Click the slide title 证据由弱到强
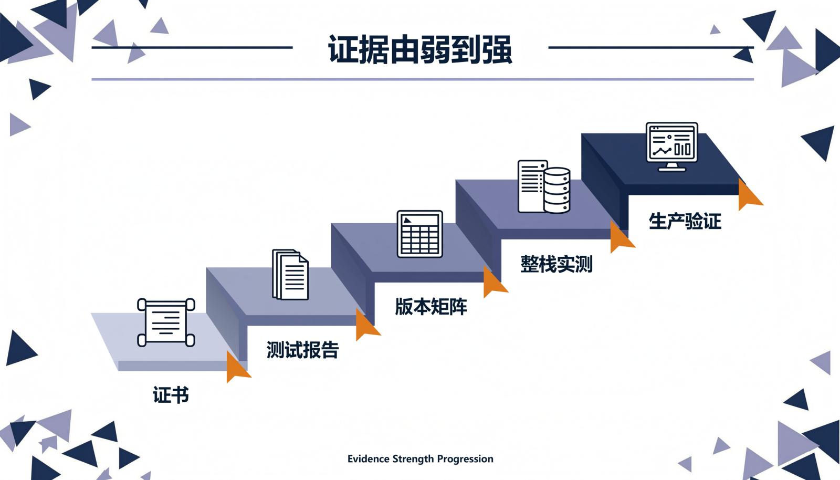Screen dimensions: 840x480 pyautogui.click(x=420, y=49)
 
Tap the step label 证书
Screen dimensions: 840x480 pyautogui.click(x=171, y=395)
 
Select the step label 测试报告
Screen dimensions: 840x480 pyautogui.click(x=302, y=350)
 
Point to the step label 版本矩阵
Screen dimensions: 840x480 pyautogui.click(x=431, y=307)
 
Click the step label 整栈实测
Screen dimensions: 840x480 pyautogui.click(x=556, y=264)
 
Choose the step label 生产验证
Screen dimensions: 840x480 pyautogui.click(x=685, y=221)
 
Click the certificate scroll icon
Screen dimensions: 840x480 pyautogui.click(x=166, y=322)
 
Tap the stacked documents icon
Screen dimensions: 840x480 pyautogui.click(x=290, y=275)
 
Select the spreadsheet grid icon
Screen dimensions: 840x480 pyautogui.click(x=419, y=234)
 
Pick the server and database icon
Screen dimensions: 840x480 pyautogui.click(x=544, y=186)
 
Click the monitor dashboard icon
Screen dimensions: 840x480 pyautogui.click(x=671, y=147)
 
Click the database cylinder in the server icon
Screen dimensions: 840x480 pyautogui.click(x=557, y=190)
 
